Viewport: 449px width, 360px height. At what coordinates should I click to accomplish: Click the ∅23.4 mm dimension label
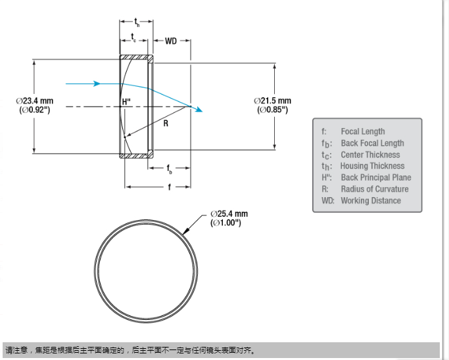(x=35, y=101)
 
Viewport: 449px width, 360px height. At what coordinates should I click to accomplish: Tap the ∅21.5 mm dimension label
(x=273, y=101)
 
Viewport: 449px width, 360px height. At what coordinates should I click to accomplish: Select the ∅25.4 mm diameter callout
(x=229, y=214)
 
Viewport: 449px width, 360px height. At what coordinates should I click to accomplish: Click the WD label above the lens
(x=171, y=41)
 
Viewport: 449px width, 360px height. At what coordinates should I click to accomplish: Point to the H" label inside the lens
(x=127, y=102)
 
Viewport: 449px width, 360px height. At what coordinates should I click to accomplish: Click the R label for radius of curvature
(x=166, y=123)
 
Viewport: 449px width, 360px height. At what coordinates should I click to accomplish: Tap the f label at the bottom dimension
(x=169, y=187)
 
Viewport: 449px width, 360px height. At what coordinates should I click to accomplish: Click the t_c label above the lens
(x=134, y=37)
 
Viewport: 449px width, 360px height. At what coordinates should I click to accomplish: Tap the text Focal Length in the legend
(x=363, y=131)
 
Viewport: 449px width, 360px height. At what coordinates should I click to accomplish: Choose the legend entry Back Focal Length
(x=372, y=143)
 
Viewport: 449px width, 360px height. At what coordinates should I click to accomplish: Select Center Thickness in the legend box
(x=370, y=154)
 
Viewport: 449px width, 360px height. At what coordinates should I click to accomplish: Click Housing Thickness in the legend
(x=372, y=166)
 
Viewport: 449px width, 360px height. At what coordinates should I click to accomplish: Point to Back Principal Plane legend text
(x=375, y=177)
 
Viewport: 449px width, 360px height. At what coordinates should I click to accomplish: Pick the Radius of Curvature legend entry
(x=374, y=189)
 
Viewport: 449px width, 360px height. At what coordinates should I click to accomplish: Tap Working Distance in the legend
(x=371, y=200)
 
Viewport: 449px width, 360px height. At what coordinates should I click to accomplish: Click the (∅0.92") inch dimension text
(x=35, y=110)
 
